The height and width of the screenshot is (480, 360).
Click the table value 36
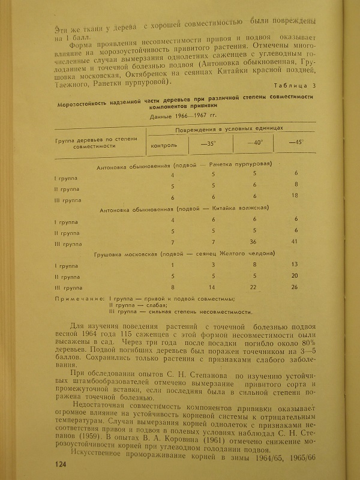[254, 242]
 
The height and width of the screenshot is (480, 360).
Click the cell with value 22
[254, 287]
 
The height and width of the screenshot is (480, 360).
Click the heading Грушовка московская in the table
[123, 253]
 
